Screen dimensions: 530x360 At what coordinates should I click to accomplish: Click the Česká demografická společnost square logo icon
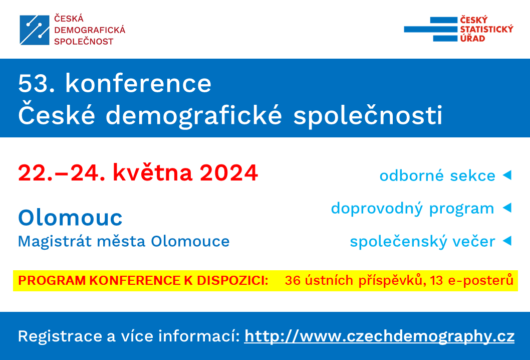[x=35, y=30]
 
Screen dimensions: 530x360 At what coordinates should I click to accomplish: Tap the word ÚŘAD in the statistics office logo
[x=472, y=38]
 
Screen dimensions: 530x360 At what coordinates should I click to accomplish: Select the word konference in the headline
[x=138, y=83]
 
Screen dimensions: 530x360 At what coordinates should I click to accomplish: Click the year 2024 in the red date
[x=229, y=172]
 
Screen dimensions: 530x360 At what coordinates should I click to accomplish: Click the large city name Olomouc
[x=70, y=217]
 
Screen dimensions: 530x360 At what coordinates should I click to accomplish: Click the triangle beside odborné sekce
[x=507, y=175]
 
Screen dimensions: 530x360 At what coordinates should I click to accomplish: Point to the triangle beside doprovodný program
[x=507, y=208]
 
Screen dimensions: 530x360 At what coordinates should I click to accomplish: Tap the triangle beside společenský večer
[x=507, y=241]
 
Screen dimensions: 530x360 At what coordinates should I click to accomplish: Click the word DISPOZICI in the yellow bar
[x=232, y=280]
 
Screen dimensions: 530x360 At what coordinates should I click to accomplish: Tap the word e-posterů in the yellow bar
[x=480, y=280]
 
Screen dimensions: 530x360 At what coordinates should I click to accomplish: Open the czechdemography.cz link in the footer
[x=379, y=336]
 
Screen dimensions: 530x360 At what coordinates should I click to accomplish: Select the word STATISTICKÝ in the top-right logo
[x=486, y=29]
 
